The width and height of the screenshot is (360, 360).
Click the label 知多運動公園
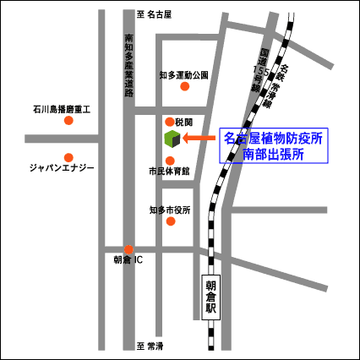(x=183, y=74)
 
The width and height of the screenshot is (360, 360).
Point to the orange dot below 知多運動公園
(x=184, y=86)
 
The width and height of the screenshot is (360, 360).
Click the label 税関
(x=184, y=122)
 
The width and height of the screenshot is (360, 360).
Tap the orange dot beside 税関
(x=170, y=121)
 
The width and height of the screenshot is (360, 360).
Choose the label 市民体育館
(x=168, y=172)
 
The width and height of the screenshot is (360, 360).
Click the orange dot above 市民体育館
(x=170, y=160)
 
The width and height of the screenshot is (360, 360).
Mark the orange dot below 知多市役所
(x=171, y=221)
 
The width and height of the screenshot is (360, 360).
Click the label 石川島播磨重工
(x=67, y=109)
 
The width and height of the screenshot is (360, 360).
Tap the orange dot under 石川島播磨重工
(x=68, y=121)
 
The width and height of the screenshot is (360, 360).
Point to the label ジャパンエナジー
(x=63, y=168)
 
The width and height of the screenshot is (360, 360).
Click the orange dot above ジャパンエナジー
(x=68, y=156)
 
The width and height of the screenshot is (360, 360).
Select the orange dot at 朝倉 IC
(x=128, y=249)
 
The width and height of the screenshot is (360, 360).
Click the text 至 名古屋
(x=154, y=15)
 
